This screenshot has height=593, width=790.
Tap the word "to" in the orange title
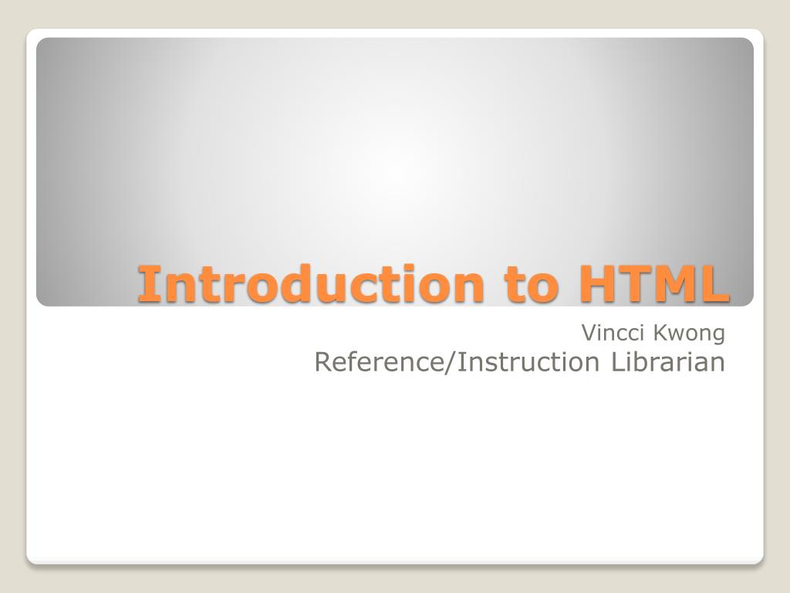(x=532, y=283)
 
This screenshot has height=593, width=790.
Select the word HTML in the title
(x=654, y=283)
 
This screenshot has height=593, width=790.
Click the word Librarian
(x=669, y=361)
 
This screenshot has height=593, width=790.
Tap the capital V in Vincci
(x=588, y=333)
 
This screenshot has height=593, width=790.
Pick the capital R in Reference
(x=323, y=361)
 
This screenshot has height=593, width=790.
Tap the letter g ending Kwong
(x=718, y=336)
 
